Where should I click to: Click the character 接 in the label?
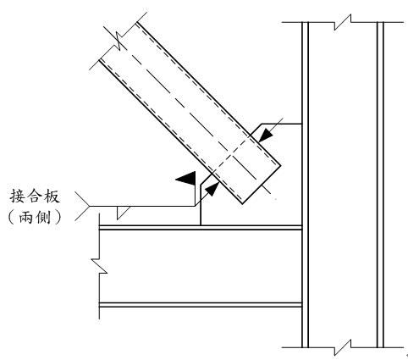point(17,197)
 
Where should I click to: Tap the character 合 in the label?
point(35,197)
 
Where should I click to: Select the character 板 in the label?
point(52,197)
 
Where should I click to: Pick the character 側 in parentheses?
point(43,218)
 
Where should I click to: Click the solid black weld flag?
point(186,179)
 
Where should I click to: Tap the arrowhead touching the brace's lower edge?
point(212,188)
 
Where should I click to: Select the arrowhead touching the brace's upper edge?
point(265,136)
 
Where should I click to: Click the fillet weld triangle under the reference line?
point(123,213)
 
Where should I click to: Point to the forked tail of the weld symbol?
point(82,206)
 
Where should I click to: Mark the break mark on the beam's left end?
point(99,266)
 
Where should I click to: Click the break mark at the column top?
point(343,22)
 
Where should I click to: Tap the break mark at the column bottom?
point(343,347)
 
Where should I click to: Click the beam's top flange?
point(201,227)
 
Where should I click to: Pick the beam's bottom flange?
point(201,305)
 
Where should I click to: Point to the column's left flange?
point(305,185)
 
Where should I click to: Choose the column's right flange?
point(380,185)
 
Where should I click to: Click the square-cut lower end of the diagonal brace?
point(262,185)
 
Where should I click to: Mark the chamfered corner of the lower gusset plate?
point(206,180)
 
